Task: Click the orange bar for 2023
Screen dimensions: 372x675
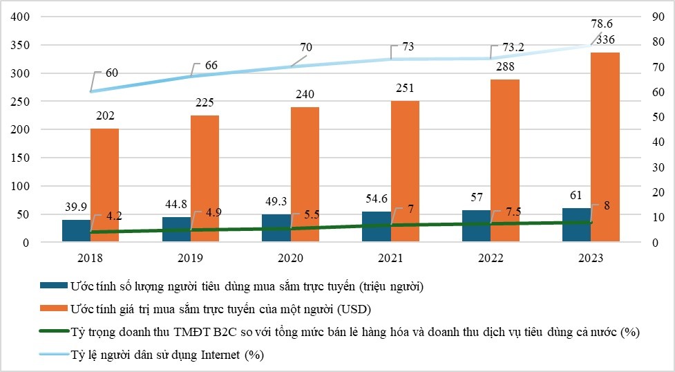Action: click(x=605, y=147)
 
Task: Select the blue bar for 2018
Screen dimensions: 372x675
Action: click(x=76, y=231)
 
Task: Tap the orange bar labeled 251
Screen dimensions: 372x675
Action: click(x=405, y=171)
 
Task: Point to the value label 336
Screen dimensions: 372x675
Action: click(x=605, y=39)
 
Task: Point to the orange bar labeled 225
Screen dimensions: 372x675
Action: click(x=205, y=178)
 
